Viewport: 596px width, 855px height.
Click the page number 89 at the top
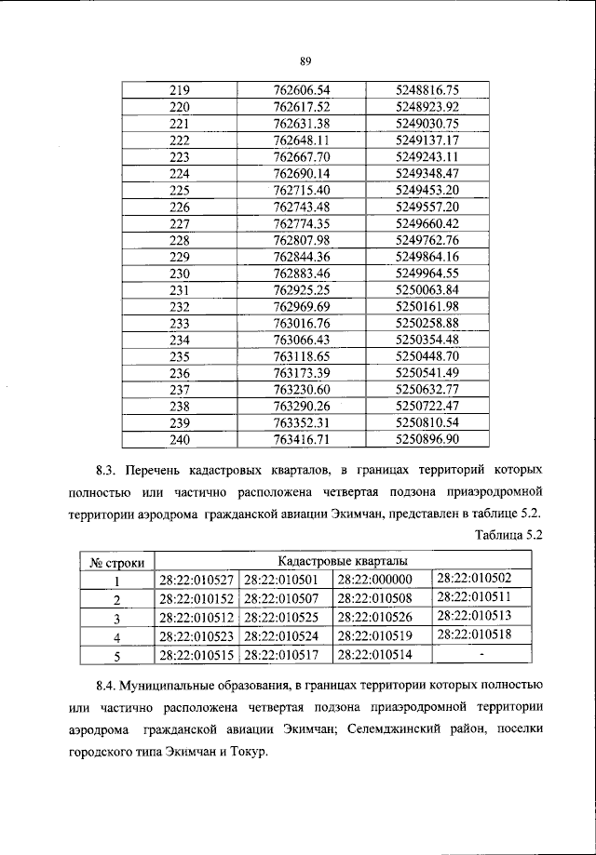(305, 60)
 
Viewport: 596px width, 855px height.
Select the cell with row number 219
(181, 90)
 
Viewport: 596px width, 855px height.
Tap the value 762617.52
(303, 107)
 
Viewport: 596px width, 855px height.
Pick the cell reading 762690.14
(303, 173)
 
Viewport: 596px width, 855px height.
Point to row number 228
(181, 240)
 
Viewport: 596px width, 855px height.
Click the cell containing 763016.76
(303, 323)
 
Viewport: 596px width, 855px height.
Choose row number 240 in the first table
(181, 439)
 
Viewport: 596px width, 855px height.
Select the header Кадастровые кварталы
(342, 562)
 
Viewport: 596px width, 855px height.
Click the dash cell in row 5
(481, 654)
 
